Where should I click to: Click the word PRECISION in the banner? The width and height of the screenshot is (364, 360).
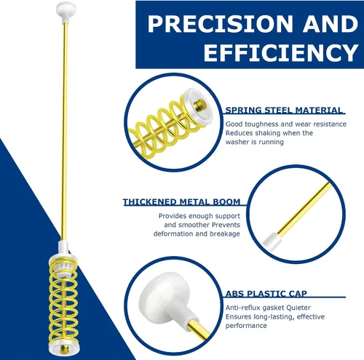pyautogui.click(x=220, y=23)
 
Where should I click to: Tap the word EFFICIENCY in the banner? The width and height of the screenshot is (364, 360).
pyautogui.click(x=281, y=52)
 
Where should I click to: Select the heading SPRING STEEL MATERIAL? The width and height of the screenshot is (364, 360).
pyautogui.click(x=284, y=111)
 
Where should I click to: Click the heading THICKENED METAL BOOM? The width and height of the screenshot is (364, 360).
pyautogui.click(x=181, y=202)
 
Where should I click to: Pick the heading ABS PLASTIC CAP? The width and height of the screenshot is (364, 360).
pyautogui.click(x=266, y=294)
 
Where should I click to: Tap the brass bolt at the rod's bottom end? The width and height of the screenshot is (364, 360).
pyautogui.click(x=64, y=349)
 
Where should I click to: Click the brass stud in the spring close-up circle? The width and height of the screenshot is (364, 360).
pyautogui.click(x=200, y=105)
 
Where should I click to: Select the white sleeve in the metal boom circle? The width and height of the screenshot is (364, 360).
pyautogui.click(x=272, y=241)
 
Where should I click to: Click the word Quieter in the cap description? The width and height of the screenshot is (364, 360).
pyautogui.click(x=298, y=308)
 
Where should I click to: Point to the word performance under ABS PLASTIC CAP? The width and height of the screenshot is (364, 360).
pyautogui.click(x=246, y=326)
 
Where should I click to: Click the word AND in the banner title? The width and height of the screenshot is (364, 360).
pyautogui.click(x=331, y=23)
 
